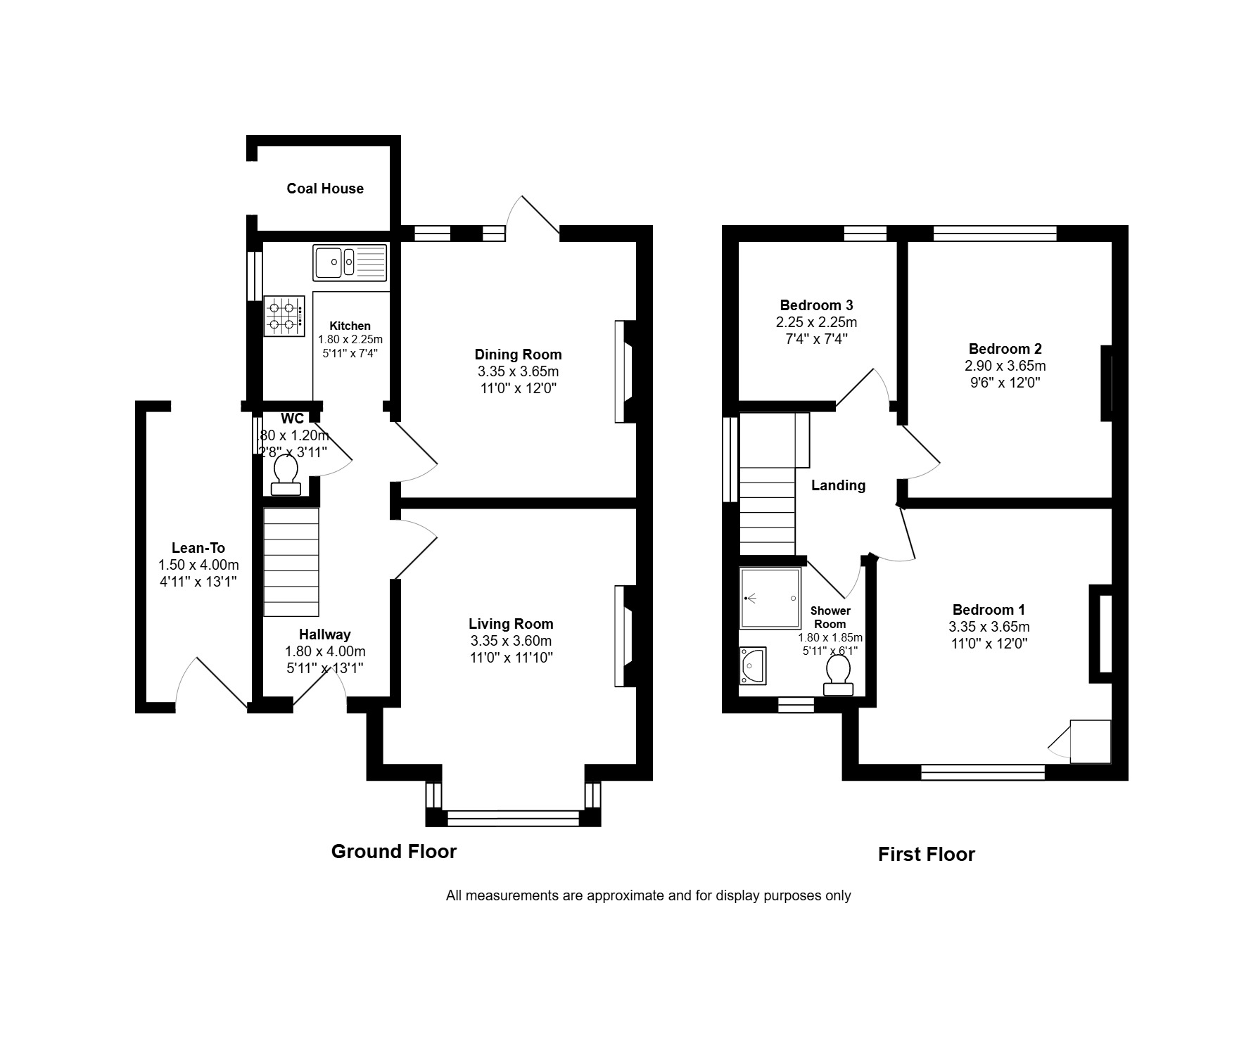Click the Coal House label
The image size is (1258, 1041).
[x=325, y=189]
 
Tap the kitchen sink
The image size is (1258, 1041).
[x=350, y=262]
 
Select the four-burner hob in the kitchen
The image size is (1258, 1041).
[x=284, y=317]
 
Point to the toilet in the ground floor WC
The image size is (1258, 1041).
[x=285, y=476]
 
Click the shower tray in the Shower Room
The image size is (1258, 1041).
[x=770, y=598]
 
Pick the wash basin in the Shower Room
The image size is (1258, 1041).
[x=752, y=665]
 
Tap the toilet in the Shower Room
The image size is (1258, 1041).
[x=838, y=676]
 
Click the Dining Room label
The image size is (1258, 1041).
[x=519, y=355]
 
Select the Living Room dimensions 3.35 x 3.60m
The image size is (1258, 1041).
[x=512, y=641]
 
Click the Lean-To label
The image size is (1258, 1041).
[x=198, y=548]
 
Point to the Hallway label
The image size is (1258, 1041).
[x=325, y=634]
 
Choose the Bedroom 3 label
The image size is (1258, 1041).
[x=817, y=305]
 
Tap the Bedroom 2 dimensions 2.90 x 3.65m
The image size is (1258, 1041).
[x=1005, y=366]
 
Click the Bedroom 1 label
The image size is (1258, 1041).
[x=989, y=610]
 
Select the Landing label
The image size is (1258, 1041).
[x=839, y=485]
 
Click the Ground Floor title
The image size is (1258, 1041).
[x=394, y=852]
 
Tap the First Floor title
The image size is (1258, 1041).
[x=927, y=855]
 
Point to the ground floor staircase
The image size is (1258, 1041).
[x=291, y=563]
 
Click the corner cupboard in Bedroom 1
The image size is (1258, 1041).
[x=1090, y=741]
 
